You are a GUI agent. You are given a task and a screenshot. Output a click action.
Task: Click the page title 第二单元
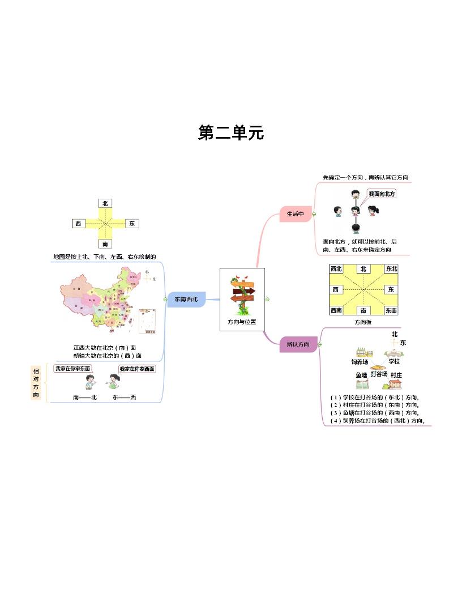tap(231, 133)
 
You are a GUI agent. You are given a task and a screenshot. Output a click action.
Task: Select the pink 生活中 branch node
tap(296, 214)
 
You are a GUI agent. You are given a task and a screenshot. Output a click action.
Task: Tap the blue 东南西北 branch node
tap(186, 299)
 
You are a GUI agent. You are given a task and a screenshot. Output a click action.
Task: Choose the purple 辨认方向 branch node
tap(298, 344)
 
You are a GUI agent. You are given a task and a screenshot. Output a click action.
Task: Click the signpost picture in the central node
tap(242, 295)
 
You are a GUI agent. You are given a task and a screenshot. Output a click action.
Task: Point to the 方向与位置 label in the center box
tap(242, 322)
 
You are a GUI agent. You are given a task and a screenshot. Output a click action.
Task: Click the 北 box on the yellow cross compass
tap(105, 203)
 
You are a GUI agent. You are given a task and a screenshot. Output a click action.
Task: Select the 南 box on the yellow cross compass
tap(105, 244)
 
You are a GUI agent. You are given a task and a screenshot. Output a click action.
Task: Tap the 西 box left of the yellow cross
tap(78, 224)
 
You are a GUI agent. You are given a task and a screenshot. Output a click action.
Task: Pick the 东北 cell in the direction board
tap(391, 269)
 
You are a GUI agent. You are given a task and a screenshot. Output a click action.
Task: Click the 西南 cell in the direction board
tap(336, 310)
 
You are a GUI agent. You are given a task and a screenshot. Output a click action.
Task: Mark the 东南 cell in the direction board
tap(391, 310)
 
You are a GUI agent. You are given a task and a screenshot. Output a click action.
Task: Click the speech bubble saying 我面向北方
tap(382, 194)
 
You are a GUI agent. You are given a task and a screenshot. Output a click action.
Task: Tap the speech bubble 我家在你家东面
tap(72, 369)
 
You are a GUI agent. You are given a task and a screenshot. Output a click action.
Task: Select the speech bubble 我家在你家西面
tap(137, 369)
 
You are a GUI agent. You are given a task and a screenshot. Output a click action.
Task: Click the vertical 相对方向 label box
tap(36, 382)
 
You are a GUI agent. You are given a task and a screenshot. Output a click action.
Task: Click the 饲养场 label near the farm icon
tap(360, 361)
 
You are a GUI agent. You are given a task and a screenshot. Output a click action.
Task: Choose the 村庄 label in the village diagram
tap(396, 375)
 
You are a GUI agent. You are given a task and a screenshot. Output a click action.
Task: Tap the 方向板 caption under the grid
tap(363, 322)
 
